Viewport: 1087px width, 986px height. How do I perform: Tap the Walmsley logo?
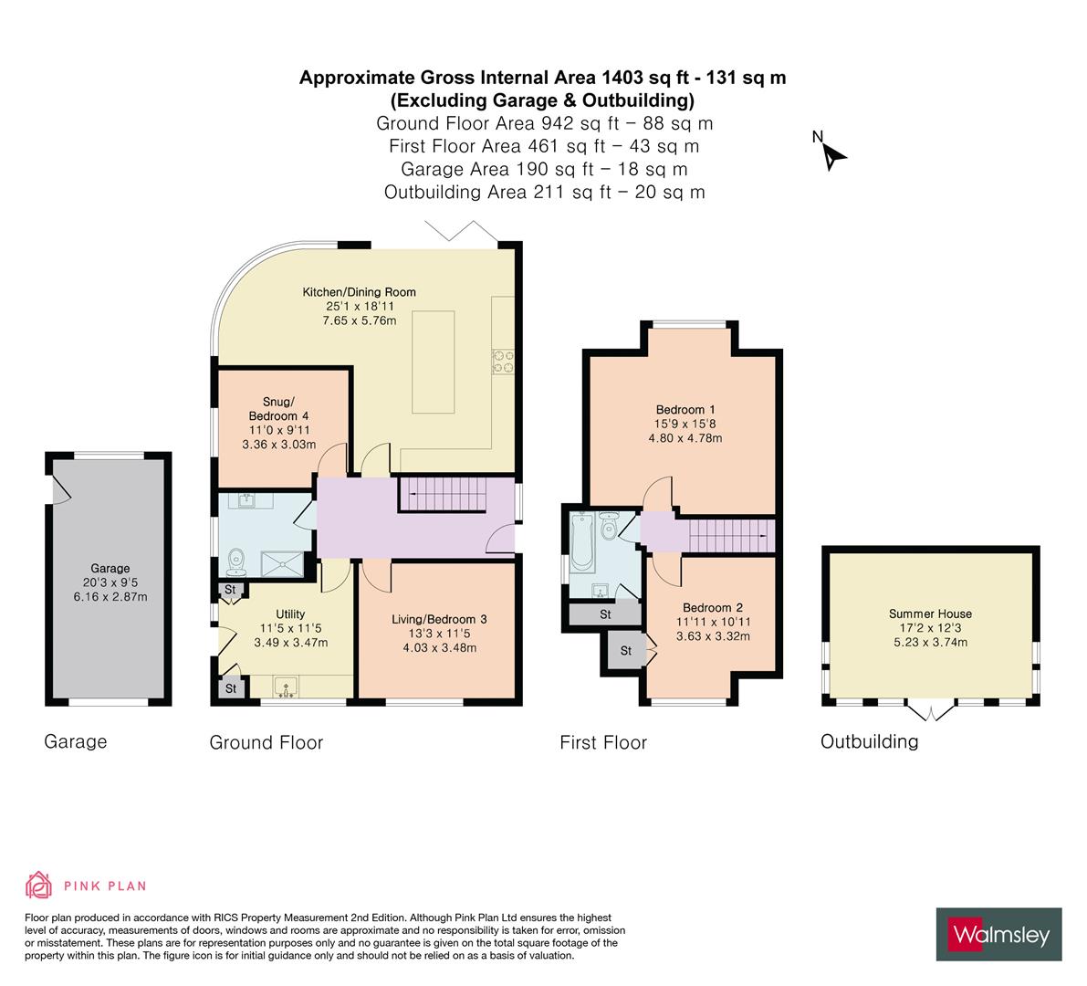(999, 934)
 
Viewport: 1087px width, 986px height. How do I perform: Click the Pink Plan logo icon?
(39, 885)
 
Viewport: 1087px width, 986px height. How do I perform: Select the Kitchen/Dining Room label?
(360, 292)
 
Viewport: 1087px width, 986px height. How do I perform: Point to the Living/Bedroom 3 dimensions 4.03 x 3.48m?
(439, 648)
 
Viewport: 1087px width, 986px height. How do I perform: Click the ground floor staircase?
(444, 498)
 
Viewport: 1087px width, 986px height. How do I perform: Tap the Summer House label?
(930, 614)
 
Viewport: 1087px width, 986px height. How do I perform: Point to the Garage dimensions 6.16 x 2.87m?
(110, 597)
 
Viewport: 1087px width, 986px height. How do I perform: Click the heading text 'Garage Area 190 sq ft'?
(544, 169)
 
